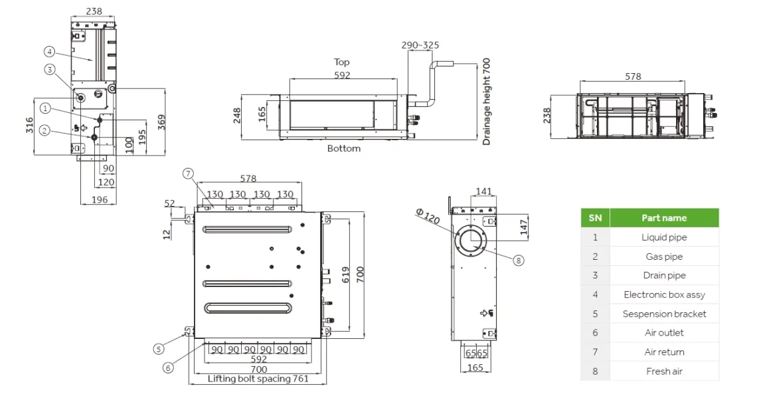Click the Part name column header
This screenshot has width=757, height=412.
(x=664, y=218)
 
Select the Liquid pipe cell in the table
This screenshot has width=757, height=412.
(x=664, y=237)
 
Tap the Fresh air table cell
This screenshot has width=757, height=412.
(x=664, y=371)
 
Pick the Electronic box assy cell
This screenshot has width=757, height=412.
(x=664, y=294)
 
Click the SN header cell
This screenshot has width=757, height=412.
(x=595, y=218)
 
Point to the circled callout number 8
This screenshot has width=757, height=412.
(x=518, y=260)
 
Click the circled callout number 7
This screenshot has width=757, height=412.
(x=189, y=173)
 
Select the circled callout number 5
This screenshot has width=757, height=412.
(x=159, y=349)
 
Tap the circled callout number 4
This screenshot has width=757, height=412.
(x=49, y=52)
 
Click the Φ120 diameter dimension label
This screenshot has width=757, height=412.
(x=428, y=216)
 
